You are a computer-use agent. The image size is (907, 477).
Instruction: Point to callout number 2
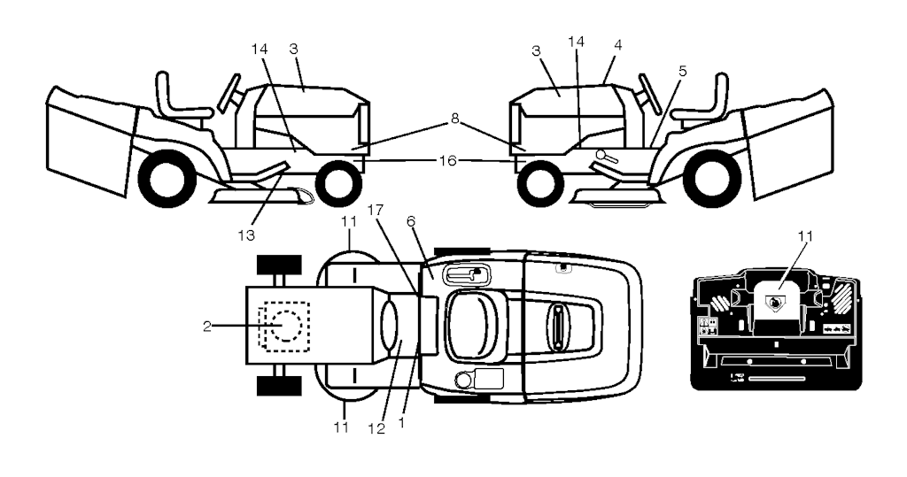click(207, 326)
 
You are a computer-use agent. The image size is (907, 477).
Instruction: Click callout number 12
click(376, 429)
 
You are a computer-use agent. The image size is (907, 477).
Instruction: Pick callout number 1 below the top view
click(401, 423)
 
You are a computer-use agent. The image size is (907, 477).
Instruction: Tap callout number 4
click(617, 45)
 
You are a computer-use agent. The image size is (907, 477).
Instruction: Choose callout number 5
click(683, 72)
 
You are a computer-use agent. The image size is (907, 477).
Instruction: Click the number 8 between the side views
click(454, 119)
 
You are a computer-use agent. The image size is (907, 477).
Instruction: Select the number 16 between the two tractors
click(447, 161)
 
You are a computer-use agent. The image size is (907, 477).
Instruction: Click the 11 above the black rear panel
click(805, 236)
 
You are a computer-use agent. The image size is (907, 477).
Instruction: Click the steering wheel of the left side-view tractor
click(229, 93)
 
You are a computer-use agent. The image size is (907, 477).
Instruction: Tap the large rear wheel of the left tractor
click(167, 179)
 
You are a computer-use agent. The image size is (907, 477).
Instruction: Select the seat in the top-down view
click(473, 325)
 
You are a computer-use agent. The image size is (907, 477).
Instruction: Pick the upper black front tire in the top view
click(279, 265)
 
